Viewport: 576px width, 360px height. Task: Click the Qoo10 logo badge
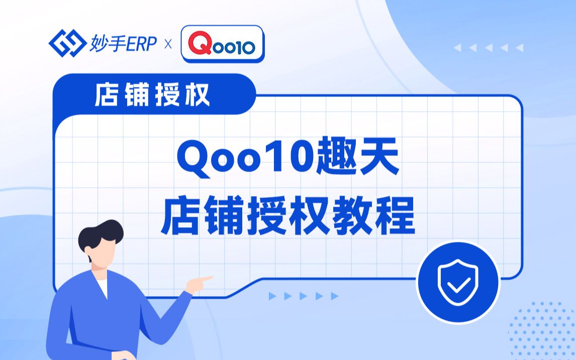223,44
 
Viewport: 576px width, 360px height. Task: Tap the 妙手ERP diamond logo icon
67,43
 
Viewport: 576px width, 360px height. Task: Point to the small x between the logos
168,44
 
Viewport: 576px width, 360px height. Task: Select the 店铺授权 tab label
152,95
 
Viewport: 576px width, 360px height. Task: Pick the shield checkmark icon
458,282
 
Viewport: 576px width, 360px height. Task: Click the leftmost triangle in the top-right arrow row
457,47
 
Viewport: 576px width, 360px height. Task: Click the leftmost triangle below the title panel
272,296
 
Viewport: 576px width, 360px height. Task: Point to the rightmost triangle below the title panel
334,296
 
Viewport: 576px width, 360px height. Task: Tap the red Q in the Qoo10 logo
200,43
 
